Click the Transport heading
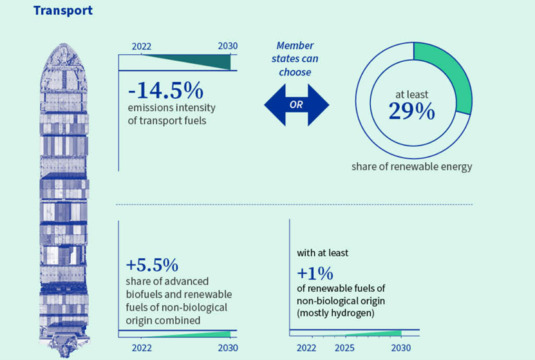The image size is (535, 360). tap(63, 10)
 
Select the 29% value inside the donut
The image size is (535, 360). tap(411, 111)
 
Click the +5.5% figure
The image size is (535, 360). tap(152, 265)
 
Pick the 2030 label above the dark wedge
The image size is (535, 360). tap(228, 46)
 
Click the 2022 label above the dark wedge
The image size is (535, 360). tap(142, 46)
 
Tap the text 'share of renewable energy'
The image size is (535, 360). tap(411, 167)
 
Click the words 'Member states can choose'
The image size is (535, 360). tap(295, 59)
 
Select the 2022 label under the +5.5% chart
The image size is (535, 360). tap(141, 348)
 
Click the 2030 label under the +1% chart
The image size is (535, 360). tap(400, 348)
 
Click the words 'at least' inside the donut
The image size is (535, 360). tap(411, 95)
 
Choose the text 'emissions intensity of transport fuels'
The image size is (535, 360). tap(171, 114)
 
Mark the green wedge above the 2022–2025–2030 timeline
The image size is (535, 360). tap(380, 333)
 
